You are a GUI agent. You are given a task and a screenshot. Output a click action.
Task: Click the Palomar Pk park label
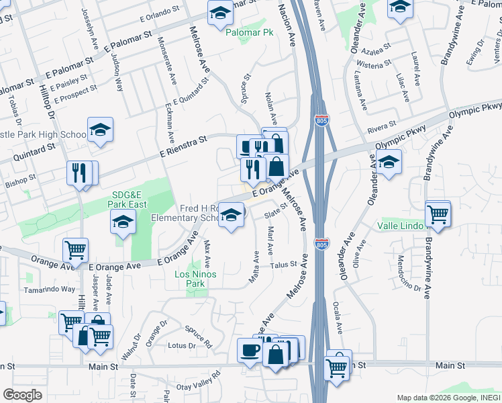250,32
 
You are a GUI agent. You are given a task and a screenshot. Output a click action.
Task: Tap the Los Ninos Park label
189,279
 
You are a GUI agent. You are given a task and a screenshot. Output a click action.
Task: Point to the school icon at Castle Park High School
100,130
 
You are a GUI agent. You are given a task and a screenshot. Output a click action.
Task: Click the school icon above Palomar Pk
219,13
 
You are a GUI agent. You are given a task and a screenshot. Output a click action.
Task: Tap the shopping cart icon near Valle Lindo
438,215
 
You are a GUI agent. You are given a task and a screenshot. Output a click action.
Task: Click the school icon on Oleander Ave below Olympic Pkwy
389,163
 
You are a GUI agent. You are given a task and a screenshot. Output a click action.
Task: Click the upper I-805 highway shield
321,119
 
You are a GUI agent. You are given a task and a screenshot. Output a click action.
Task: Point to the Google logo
22,395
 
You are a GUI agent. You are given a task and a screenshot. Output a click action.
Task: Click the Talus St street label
285,265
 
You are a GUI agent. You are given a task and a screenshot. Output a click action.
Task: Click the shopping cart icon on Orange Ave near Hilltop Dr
74,250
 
